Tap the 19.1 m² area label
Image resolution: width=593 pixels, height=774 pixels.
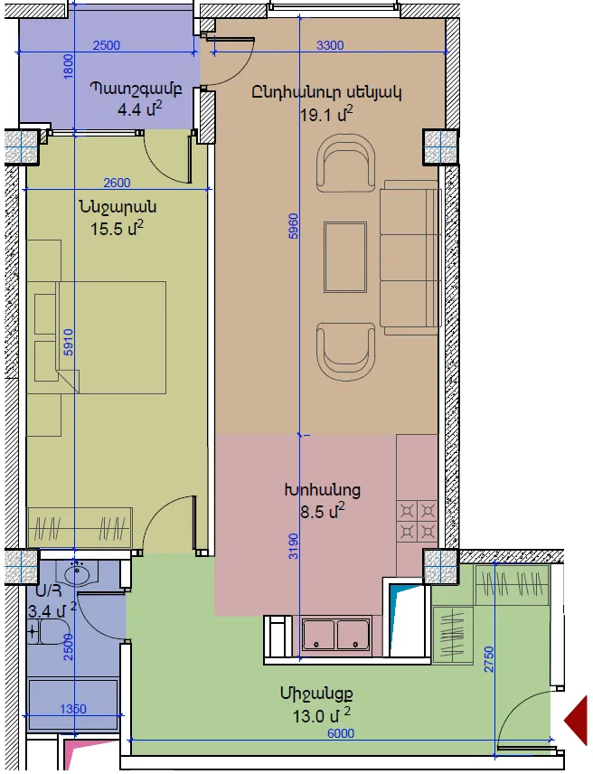(x=326, y=114)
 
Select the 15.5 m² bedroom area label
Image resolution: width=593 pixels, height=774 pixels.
(x=117, y=228)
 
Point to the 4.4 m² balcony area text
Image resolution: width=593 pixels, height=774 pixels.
(x=139, y=109)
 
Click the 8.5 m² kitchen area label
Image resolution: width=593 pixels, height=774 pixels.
(x=323, y=511)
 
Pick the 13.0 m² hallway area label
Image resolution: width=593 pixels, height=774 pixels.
(x=322, y=714)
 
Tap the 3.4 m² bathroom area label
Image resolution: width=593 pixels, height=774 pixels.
(x=52, y=610)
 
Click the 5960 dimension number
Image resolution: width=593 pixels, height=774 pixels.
(x=294, y=226)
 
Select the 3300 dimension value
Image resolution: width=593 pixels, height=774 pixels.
(x=330, y=45)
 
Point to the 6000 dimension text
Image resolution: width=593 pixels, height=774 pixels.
(x=341, y=733)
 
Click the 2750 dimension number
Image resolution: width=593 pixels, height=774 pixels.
(x=488, y=659)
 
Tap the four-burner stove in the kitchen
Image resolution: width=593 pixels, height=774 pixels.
(x=418, y=521)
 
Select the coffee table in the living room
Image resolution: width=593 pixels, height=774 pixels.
(x=344, y=257)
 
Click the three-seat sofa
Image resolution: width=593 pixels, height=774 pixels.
(x=410, y=257)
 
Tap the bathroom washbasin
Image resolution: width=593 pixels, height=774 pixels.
(x=77, y=573)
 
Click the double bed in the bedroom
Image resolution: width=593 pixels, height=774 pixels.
(x=97, y=337)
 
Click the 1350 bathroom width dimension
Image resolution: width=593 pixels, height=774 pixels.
(x=73, y=709)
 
